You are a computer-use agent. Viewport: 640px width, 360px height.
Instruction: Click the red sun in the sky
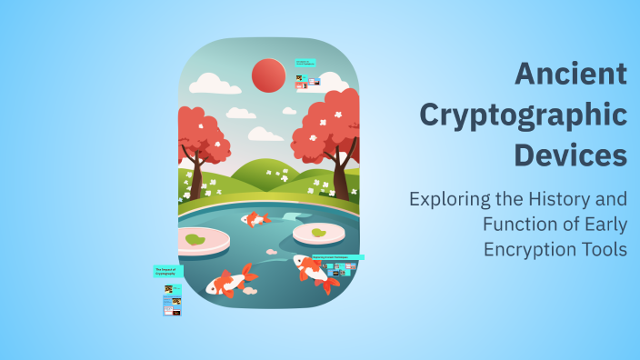tap(268, 75)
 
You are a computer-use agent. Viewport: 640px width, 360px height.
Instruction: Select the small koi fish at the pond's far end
tap(255, 219)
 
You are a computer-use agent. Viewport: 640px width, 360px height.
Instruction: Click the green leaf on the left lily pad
tap(194, 240)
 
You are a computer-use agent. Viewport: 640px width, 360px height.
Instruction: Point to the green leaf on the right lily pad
tap(318, 233)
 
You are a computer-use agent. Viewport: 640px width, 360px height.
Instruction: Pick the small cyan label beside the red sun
tap(305, 64)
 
